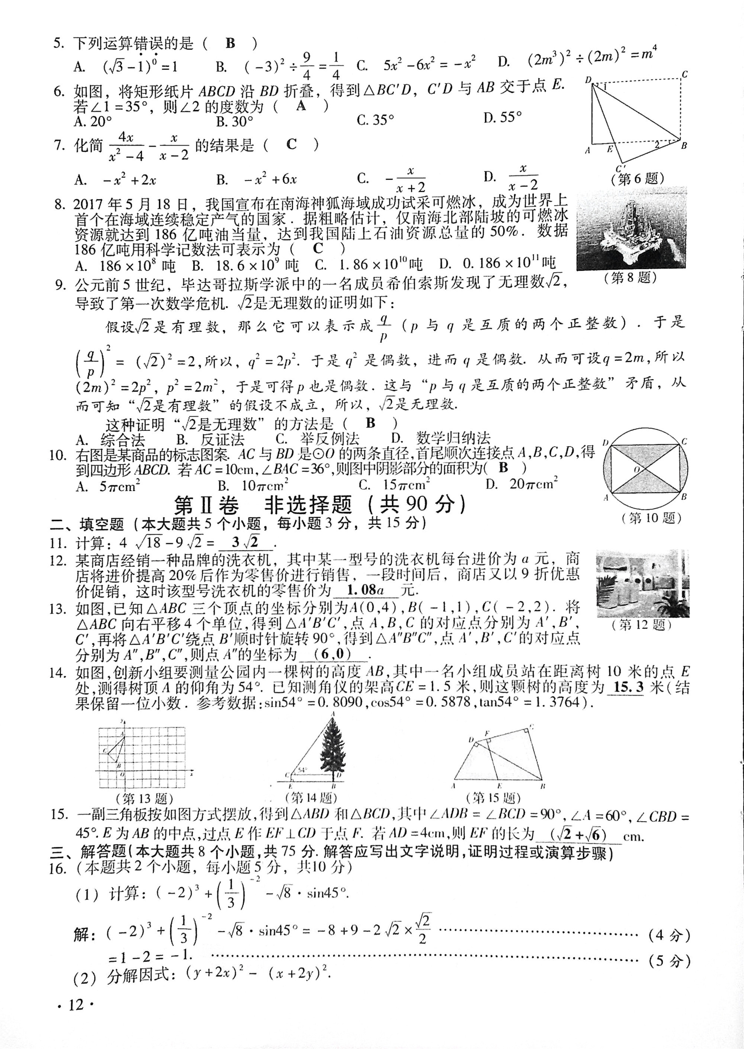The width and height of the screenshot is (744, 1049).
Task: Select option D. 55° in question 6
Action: tap(502, 118)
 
